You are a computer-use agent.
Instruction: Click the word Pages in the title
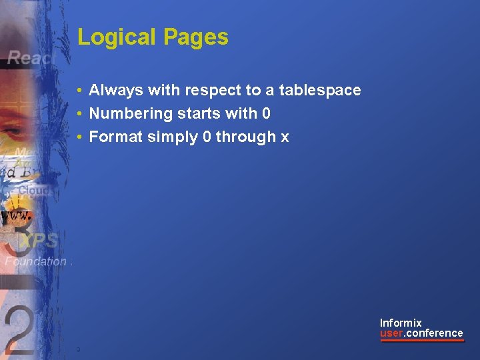click(197, 37)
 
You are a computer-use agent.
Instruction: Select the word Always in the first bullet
click(115, 90)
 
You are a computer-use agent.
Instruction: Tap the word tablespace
click(320, 90)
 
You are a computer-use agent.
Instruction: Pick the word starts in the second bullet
click(199, 113)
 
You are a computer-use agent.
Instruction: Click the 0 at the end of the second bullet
click(266, 113)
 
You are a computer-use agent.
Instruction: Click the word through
click(245, 137)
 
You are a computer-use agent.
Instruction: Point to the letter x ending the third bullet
click(285, 137)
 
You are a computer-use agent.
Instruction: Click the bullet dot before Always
click(79, 91)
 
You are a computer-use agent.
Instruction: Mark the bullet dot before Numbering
click(79, 114)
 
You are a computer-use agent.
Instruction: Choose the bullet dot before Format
click(79, 137)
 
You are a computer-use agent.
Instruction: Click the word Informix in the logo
click(401, 323)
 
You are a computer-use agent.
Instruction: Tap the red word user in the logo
click(392, 333)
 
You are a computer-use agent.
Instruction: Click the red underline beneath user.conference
click(421, 341)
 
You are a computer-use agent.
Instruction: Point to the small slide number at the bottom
click(79, 349)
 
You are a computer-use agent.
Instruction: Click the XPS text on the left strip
click(40, 241)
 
